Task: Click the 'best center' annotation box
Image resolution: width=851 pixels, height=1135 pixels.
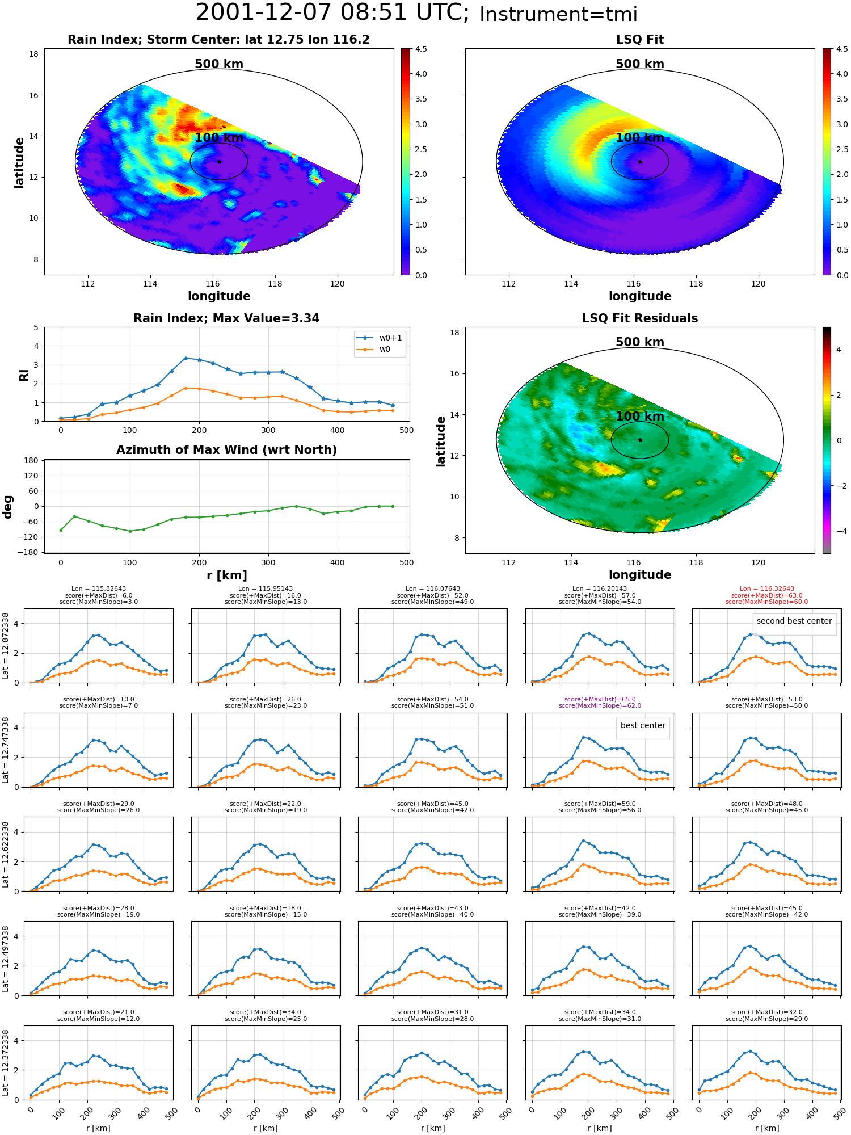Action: click(x=643, y=728)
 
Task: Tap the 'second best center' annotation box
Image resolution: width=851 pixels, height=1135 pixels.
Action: click(x=794, y=624)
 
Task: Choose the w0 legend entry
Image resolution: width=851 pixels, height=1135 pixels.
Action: click(x=374, y=350)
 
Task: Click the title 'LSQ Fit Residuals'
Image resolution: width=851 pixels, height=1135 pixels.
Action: click(x=640, y=318)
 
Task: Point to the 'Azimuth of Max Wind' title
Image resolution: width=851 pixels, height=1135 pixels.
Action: click(x=226, y=450)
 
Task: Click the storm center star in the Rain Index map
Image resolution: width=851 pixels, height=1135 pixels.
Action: click(x=219, y=162)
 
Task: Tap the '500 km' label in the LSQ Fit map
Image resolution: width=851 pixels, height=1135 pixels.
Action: click(x=640, y=64)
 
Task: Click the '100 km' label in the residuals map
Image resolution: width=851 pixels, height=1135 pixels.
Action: click(x=640, y=417)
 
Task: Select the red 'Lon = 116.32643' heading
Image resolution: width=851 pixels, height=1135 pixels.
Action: click(x=766, y=589)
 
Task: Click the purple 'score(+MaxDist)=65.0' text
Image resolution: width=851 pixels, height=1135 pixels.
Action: click(x=600, y=700)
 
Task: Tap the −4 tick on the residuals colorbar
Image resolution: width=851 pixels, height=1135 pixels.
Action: click(x=839, y=531)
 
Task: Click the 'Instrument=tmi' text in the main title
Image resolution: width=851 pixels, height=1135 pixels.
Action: click(x=558, y=14)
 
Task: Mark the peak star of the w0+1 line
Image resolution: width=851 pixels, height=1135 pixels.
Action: click(x=186, y=358)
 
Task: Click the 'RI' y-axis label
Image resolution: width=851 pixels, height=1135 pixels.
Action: click(x=24, y=375)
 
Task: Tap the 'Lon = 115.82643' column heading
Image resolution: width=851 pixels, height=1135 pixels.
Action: click(x=99, y=589)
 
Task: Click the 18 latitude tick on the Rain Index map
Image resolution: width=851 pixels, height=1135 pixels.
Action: click(x=33, y=54)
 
